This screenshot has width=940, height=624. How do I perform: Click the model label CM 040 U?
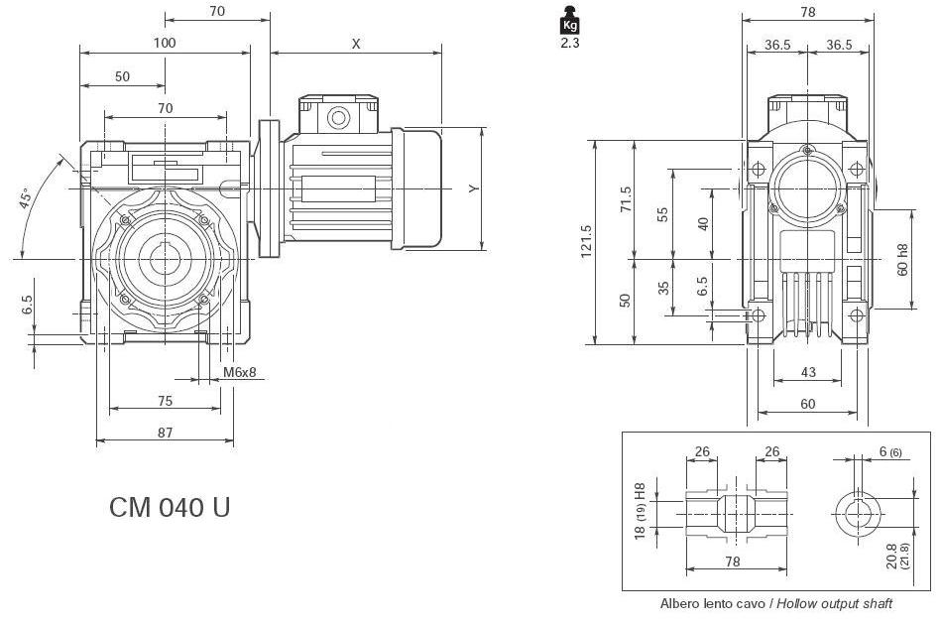pos(170,508)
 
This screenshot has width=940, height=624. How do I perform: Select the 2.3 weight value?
pos(569,43)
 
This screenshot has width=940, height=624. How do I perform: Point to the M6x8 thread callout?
pos(238,372)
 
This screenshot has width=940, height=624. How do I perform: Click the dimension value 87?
pos(165,432)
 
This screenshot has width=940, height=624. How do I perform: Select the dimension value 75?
pos(165,401)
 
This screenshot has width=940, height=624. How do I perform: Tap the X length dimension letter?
pos(355,43)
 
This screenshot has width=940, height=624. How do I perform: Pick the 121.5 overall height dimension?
pos(586,243)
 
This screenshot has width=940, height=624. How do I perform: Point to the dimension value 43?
pos(807,372)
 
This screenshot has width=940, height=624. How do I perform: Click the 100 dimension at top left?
pos(165,43)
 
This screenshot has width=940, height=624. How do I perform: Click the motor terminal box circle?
pos(339,119)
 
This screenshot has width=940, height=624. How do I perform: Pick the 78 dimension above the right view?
pos(807,12)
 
